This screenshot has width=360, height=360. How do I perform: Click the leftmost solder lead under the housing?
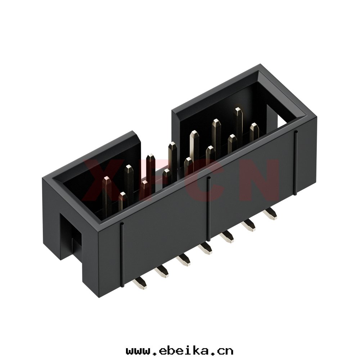tap(140, 282)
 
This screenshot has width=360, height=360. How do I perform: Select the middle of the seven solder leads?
tap(206, 249)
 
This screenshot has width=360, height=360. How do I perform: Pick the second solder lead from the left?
tap(162, 271)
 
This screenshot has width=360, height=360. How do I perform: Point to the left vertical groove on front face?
tap(122, 255)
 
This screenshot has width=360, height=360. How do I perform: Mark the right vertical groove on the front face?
tap(296, 163)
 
